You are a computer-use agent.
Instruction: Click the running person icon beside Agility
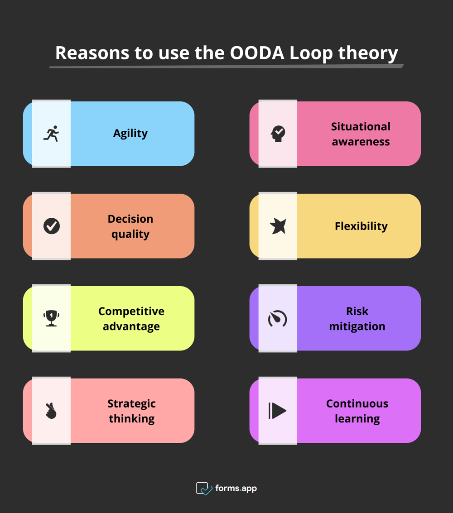pyautogui.click(x=51, y=134)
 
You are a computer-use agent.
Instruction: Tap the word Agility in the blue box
pyautogui.click(x=130, y=134)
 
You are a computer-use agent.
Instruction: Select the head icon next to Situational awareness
pyautogui.click(x=278, y=134)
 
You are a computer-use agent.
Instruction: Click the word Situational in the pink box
pyautogui.click(x=361, y=126)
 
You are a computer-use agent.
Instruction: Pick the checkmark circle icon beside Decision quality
pyautogui.click(x=51, y=226)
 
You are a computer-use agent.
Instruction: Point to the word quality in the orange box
pyautogui.click(x=130, y=234)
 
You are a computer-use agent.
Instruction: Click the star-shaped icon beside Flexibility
pyautogui.click(x=278, y=226)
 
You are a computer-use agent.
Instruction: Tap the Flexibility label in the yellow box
pyautogui.click(x=361, y=226)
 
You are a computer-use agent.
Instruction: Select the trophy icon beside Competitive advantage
pyautogui.click(x=51, y=318)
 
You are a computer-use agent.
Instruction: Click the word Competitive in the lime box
pyautogui.click(x=131, y=311)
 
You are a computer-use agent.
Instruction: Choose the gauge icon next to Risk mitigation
pyautogui.click(x=278, y=319)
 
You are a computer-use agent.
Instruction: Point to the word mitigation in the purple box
pyautogui.click(x=357, y=326)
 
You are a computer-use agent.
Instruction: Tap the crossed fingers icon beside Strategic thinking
pyautogui.click(x=51, y=411)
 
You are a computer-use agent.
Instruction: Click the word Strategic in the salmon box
pyautogui.click(x=131, y=403)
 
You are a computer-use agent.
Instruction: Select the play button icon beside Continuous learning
pyautogui.click(x=278, y=411)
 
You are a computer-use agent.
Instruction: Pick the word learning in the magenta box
pyautogui.click(x=357, y=419)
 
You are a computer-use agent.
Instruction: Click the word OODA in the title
pyautogui.click(x=257, y=53)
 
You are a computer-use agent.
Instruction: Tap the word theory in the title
pyautogui.click(x=368, y=53)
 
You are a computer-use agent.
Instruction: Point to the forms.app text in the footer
pyautogui.click(x=236, y=489)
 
